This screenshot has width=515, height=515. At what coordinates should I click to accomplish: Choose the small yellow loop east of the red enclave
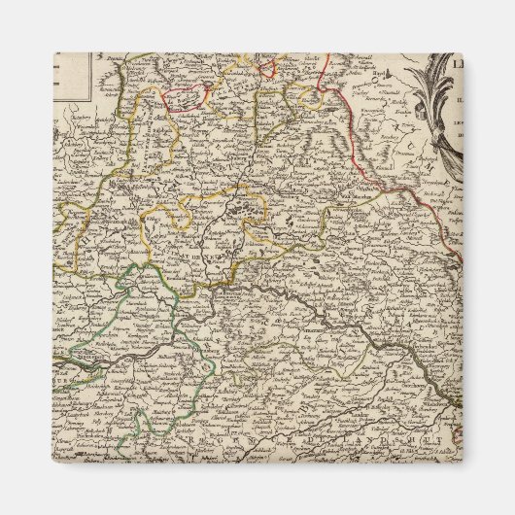(x=310, y=98)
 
